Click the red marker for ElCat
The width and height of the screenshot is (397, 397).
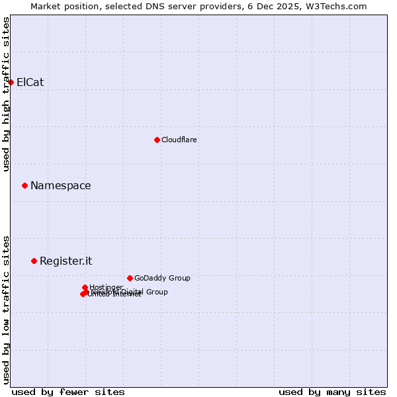pyautogui.click(x=11, y=82)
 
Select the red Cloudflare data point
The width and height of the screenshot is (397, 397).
pyautogui.click(x=157, y=140)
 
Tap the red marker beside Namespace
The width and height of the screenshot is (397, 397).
pyautogui.click(x=24, y=186)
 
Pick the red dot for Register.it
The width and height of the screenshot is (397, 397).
pyautogui.click(x=34, y=261)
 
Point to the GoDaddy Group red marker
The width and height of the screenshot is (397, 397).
pyautogui.click(x=130, y=278)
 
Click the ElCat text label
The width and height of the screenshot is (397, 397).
pyautogui.click(x=30, y=82)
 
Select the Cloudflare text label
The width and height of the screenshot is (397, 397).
pyautogui.click(x=179, y=140)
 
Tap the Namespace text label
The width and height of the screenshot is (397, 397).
pyautogui.click(x=60, y=186)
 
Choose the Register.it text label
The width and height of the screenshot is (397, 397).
pyautogui.click(x=66, y=261)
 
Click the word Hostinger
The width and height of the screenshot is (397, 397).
pyautogui.click(x=106, y=287)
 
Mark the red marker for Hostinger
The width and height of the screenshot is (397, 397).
pyautogui.click(x=85, y=287)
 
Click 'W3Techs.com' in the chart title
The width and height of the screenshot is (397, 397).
pyautogui.click(x=339, y=6)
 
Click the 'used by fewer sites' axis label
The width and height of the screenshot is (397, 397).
pyautogui.click(x=68, y=392)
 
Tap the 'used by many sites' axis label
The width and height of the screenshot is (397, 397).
pyautogui.click(x=332, y=392)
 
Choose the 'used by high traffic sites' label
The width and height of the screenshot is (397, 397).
pyautogui.click(x=6, y=94)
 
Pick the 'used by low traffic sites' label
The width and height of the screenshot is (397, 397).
pyautogui.click(x=6, y=309)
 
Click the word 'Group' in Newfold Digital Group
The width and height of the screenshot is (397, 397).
pyautogui.click(x=156, y=292)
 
